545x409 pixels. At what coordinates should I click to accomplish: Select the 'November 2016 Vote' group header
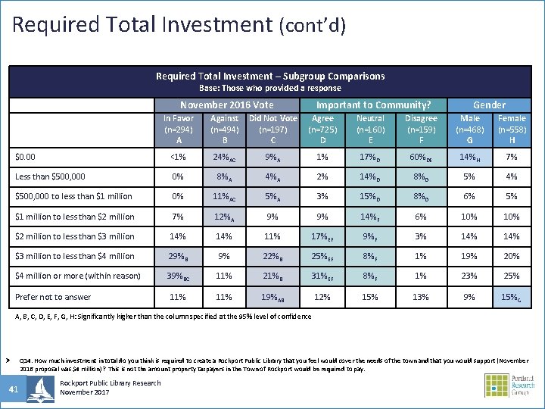coord(227,105)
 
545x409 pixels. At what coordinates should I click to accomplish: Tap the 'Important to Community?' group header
coord(373,105)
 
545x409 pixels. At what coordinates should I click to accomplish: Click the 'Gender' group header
coord(489,105)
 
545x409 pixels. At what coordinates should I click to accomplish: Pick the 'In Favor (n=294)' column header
coord(179,129)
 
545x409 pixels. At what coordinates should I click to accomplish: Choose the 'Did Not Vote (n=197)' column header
coord(272,129)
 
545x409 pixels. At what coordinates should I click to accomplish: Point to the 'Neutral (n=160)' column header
coord(370,129)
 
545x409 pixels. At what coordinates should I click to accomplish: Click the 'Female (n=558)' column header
coord(512,129)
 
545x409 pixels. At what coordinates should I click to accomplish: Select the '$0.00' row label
coord(26,157)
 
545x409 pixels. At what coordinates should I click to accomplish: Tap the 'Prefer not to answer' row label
coord(53,297)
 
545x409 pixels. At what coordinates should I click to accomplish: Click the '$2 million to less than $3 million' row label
coord(75,236)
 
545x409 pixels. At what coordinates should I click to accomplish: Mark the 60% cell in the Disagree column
coord(420,157)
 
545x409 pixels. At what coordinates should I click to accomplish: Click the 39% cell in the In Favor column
coord(179,276)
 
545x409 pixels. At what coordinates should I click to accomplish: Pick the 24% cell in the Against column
coord(225,157)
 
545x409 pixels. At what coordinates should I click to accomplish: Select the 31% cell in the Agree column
coord(322,276)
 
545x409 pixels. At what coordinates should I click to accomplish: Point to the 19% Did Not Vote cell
coord(272,297)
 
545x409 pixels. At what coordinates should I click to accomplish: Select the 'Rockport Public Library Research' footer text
coord(110,383)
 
